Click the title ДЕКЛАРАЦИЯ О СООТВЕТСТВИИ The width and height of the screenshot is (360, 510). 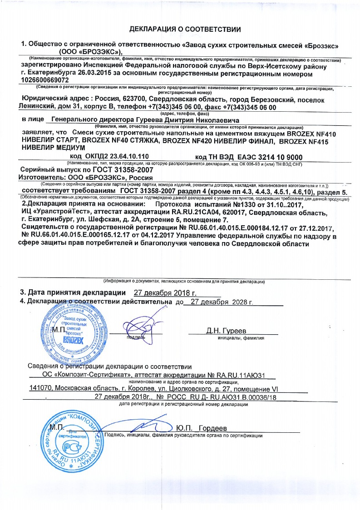pyautogui.click(x=185, y=29)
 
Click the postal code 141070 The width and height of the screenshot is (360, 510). pyautogui.click(x=41, y=389)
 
